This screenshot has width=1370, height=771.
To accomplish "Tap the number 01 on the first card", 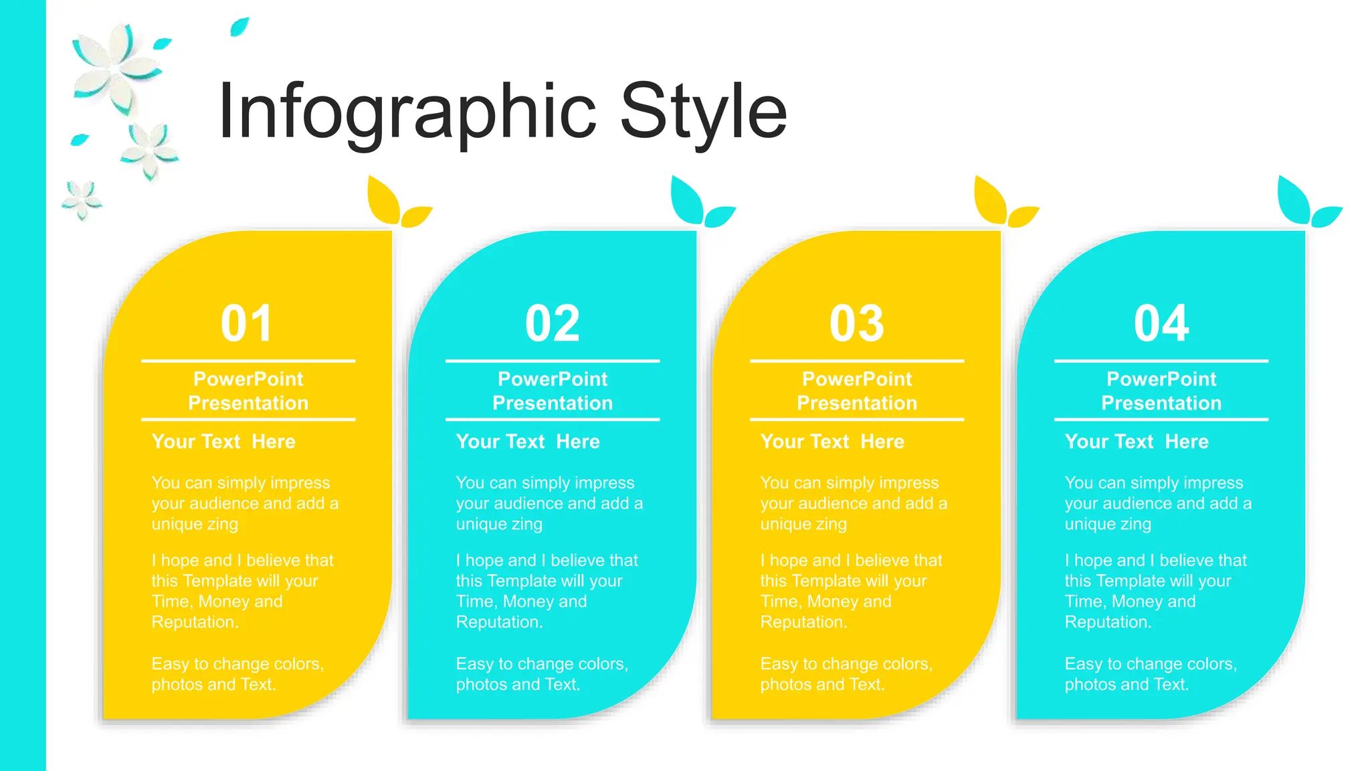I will (x=247, y=324).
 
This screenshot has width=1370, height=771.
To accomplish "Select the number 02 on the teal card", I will (x=553, y=324).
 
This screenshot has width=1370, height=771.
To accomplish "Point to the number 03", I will (x=857, y=324).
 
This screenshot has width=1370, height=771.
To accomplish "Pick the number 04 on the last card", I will (x=1161, y=324).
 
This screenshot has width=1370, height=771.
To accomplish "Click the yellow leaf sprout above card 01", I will (x=395, y=204).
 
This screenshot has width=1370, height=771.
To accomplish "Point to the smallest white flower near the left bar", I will (x=82, y=199).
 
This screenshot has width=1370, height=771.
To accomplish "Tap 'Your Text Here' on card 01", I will (x=223, y=442).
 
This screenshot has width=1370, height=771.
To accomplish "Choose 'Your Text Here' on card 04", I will (x=1137, y=442).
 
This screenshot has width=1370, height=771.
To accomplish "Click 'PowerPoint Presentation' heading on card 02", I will (x=553, y=391).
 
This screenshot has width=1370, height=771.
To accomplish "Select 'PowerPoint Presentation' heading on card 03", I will (x=857, y=391).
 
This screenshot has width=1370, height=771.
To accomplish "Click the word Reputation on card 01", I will (x=194, y=622).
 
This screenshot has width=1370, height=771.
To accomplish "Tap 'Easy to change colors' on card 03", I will (x=846, y=664).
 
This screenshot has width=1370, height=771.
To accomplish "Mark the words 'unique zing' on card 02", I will (x=499, y=524).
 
